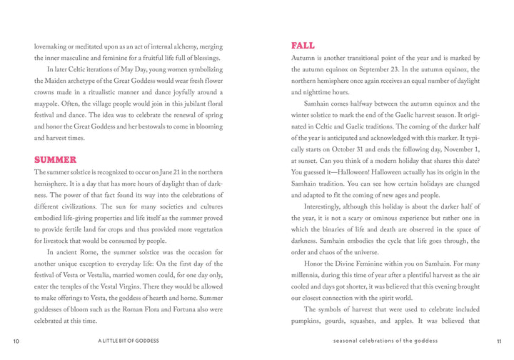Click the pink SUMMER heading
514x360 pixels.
tap(55, 159)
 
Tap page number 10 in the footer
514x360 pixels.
tap(16, 341)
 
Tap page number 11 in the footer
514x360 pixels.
tap(498, 341)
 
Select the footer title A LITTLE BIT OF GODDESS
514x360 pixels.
tap(128, 341)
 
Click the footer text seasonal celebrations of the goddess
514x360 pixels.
tap(385, 341)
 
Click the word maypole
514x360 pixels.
tap(46, 104)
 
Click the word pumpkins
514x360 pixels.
tap(307, 321)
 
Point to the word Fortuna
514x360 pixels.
tap(166, 309)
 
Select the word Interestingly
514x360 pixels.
tap(326, 206)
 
